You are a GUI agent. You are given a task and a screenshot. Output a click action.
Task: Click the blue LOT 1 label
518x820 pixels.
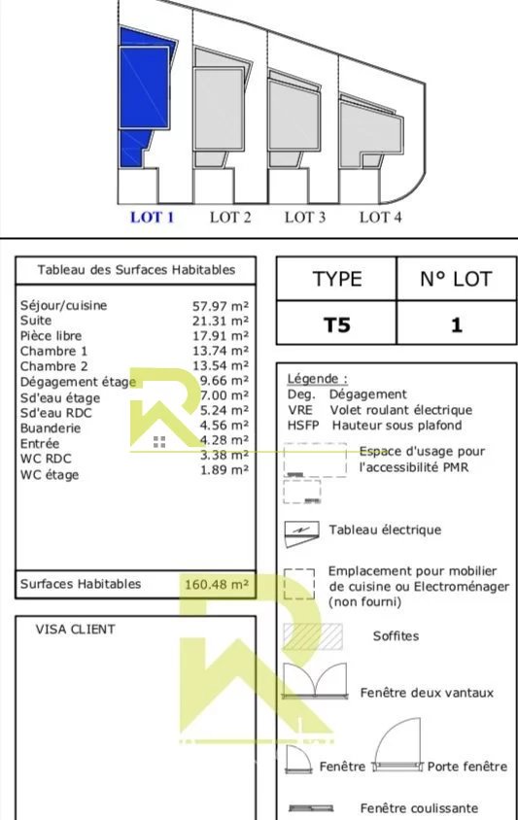152,217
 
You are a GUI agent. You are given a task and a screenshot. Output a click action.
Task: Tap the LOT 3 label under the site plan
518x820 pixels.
305,217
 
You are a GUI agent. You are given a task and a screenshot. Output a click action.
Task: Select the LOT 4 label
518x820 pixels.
380,217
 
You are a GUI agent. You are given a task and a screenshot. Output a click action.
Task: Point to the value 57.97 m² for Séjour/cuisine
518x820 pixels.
221,306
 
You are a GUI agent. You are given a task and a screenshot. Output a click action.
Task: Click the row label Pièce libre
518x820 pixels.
51,336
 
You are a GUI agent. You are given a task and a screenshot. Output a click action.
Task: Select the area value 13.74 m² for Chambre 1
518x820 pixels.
221,351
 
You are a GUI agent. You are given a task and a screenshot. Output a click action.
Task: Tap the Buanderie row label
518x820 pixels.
51,428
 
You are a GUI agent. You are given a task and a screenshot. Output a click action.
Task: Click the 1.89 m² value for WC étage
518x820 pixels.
224,470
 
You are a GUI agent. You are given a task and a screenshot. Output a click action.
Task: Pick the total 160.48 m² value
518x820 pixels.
217,584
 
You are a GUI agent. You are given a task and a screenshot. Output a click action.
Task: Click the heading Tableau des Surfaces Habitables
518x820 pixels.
136,270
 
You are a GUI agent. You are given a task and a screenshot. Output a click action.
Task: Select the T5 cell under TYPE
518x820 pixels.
337,325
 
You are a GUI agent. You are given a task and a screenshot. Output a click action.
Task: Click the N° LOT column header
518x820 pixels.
456,279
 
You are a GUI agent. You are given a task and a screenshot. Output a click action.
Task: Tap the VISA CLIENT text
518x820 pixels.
76,630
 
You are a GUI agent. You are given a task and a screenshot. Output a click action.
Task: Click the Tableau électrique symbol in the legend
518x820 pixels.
301,533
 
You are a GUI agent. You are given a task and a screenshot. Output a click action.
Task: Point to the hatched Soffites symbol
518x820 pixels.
313,636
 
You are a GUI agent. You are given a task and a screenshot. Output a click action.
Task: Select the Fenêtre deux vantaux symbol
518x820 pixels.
315,680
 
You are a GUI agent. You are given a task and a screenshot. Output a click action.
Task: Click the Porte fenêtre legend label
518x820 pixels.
467,767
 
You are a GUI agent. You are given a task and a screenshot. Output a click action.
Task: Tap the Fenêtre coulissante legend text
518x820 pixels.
419,808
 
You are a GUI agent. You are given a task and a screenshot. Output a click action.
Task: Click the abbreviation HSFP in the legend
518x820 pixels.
303,426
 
